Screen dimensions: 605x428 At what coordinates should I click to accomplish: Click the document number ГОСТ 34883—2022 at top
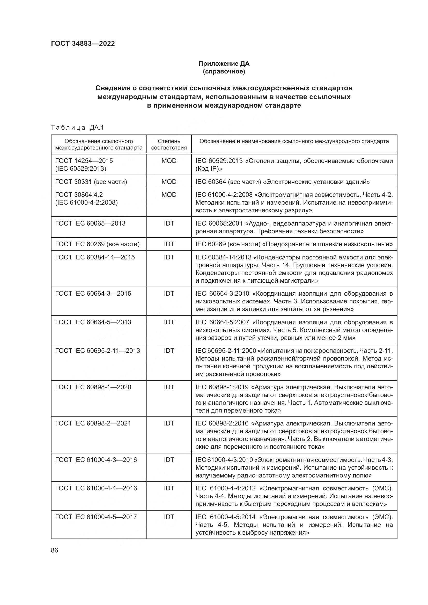pos(83,43)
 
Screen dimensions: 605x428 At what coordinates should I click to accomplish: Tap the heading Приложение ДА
pos(224,64)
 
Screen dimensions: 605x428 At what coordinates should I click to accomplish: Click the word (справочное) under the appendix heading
pos(224,71)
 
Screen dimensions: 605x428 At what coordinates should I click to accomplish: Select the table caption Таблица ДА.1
pos(77,128)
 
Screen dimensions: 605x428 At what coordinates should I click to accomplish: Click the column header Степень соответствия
pos(169,144)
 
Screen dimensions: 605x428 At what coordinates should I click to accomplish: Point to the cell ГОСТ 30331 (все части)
pos(91,182)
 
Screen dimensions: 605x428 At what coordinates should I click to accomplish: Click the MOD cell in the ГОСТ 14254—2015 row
pos(169,161)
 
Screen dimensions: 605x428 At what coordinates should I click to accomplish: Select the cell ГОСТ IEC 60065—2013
pos(90,223)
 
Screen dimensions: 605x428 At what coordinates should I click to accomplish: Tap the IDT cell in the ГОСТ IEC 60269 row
pos(169,244)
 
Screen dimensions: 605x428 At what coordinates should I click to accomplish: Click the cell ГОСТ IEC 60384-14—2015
pos(95,257)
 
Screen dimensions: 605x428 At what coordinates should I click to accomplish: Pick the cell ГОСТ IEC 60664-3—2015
pos(93,294)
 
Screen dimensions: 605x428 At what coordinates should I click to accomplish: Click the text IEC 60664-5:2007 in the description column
pos(222,322)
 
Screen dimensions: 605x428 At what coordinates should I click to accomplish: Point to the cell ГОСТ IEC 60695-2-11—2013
pos(98,351)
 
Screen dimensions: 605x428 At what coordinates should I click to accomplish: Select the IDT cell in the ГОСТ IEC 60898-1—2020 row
pos(169,387)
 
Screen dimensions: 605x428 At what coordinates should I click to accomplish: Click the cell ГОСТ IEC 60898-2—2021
pos(93,423)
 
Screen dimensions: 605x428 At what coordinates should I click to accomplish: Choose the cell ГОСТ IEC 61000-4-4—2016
pos(96,488)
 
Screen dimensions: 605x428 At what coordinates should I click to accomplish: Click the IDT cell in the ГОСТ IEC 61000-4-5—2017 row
pos(169,517)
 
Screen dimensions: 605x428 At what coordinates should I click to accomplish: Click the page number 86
pos(55,550)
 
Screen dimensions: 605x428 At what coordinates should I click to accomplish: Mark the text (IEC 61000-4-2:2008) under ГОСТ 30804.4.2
pos(86,203)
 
